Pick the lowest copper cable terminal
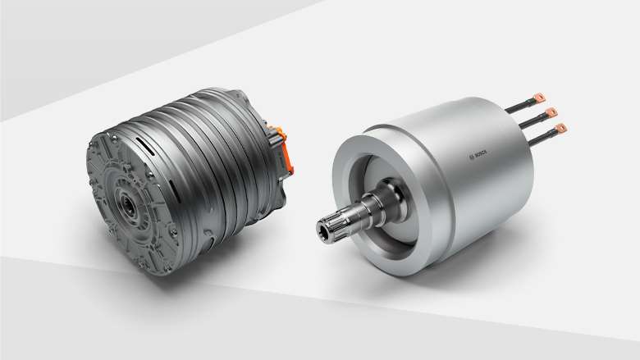coord(561,128)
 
